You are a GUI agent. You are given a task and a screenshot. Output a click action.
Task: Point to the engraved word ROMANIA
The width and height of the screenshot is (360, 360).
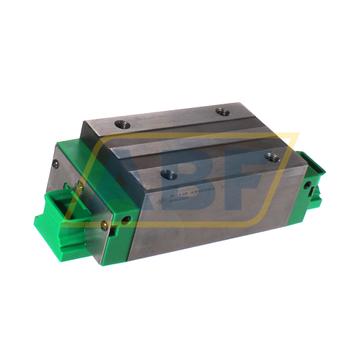tap(173, 205)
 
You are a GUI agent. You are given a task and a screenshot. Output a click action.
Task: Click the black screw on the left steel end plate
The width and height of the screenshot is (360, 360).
tap(55, 165)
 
